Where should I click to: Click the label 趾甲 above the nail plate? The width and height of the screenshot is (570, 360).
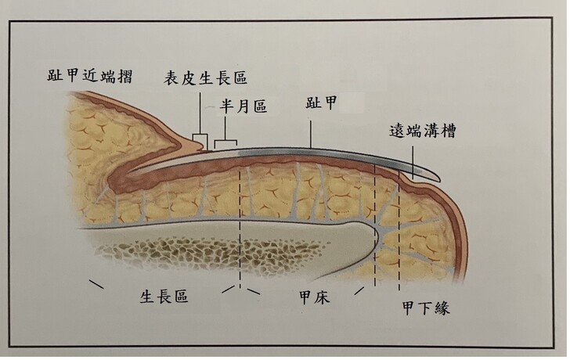[x=321, y=103]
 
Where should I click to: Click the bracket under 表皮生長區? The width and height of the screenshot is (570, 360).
[x=199, y=142]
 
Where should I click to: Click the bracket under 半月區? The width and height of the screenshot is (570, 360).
[x=226, y=143]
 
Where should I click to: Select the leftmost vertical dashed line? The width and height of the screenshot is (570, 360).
[x=239, y=219]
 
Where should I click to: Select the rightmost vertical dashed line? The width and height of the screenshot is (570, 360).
[x=399, y=235]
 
